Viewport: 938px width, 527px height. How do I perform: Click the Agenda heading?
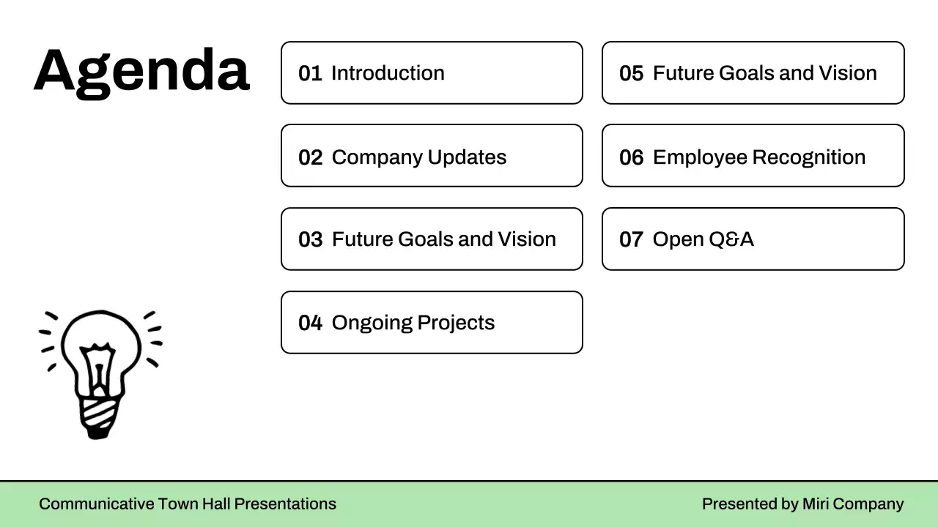pyautogui.click(x=141, y=72)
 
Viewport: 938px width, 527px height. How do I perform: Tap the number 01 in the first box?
pyautogui.click(x=310, y=73)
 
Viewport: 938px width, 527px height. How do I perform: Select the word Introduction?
pyautogui.click(x=388, y=73)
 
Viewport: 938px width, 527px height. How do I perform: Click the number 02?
pyautogui.click(x=310, y=157)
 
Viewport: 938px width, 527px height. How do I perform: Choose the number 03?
pyautogui.click(x=310, y=239)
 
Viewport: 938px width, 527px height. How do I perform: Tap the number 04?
pyautogui.click(x=310, y=323)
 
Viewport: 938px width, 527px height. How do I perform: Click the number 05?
pyautogui.click(x=631, y=73)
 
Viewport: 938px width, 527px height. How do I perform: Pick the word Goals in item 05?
pyautogui.click(x=746, y=73)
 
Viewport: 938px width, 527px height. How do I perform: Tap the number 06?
pyautogui.click(x=631, y=157)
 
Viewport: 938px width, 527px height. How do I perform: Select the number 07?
pyautogui.click(x=631, y=239)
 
